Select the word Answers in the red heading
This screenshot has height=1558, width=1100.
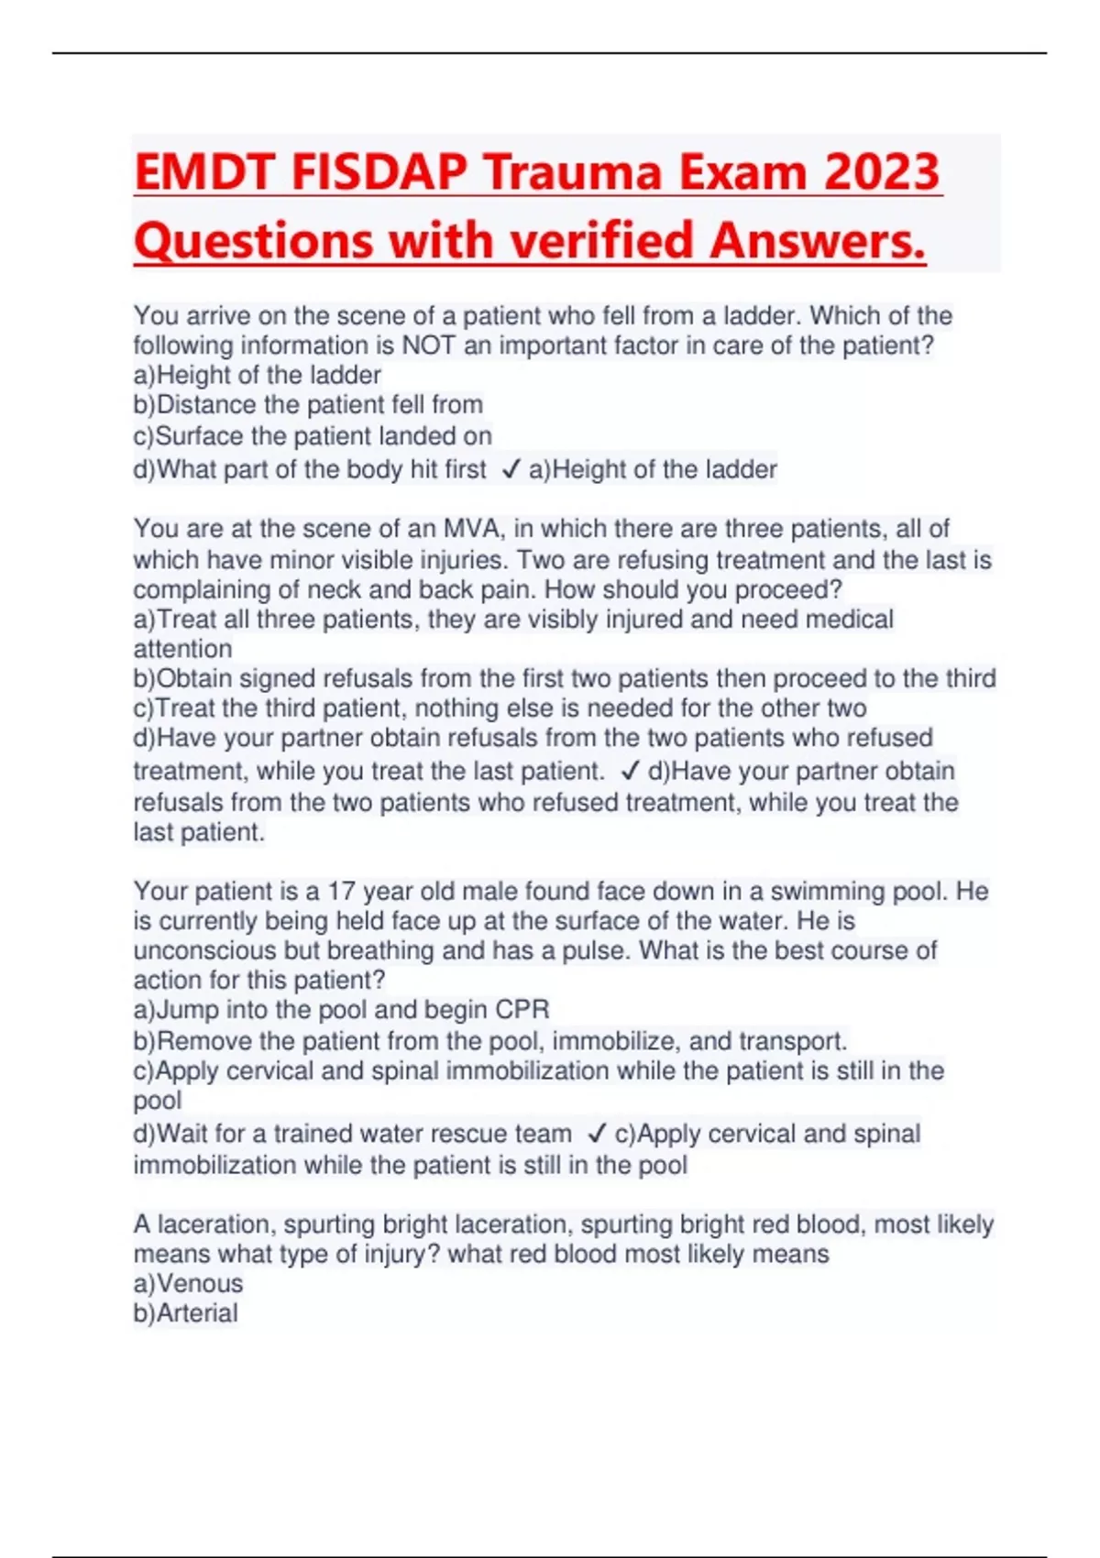[817, 241]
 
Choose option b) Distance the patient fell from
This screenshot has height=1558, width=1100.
[308, 405]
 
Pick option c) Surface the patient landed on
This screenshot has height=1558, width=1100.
[313, 435]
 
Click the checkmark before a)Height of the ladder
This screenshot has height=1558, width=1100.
[511, 469]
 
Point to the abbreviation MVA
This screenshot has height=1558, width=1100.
[474, 529]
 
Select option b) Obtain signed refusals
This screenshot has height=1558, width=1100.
[564, 678]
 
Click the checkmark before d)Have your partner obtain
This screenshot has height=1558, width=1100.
[629, 771]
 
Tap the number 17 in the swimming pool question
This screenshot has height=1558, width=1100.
[341, 891]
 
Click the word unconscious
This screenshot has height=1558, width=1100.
[204, 950]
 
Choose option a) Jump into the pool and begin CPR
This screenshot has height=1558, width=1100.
[341, 1010]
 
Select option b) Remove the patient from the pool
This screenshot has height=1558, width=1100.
[490, 1041]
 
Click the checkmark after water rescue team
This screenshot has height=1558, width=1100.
[596, 1134]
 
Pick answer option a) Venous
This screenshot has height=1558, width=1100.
[188, 1283]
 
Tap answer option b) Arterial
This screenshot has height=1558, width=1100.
[185, 1313]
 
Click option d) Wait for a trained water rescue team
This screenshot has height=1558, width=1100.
[353, 1134]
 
